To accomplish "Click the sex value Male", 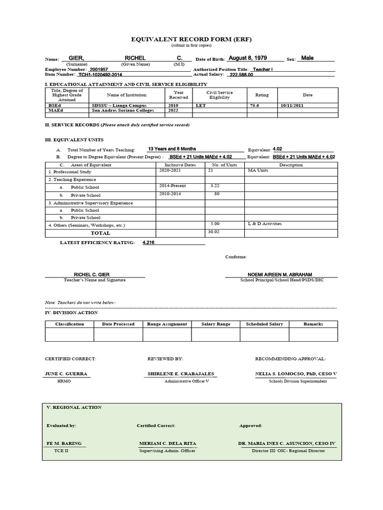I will pos(308,58).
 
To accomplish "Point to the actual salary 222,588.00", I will pos(241,75).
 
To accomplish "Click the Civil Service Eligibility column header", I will pos(219,95).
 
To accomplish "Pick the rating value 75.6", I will pos(255,106).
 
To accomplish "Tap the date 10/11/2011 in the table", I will pos(292,106).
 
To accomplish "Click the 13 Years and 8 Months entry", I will pos(172,149).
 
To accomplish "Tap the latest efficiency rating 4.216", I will pos(149,242).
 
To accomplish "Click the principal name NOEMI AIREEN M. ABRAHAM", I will pos(281,275).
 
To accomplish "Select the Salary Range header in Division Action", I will pos(216,324).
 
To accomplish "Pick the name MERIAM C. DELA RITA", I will pos(168,443).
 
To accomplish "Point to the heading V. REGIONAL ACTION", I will pos(74,407).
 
